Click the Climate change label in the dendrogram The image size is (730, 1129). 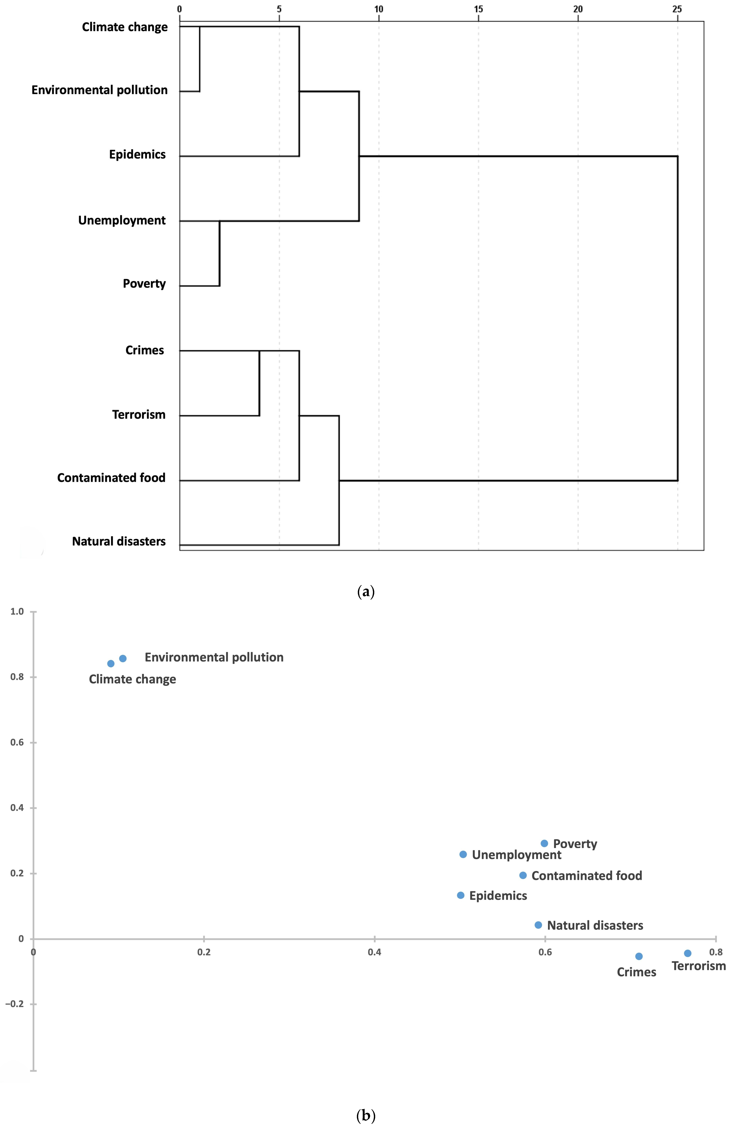(x=125, y=27)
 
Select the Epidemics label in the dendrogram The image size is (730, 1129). (x=137, y=154)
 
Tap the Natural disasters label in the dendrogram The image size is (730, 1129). (x=119, y=541)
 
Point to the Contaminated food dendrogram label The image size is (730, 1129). (x=111, y=478)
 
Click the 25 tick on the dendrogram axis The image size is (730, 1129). (x=677, y=9)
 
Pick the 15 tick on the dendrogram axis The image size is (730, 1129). (x=478, y=9)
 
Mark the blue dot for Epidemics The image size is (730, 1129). (x=460, y=895)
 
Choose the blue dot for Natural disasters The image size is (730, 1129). (x=538, y=925)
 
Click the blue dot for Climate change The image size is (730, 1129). (x=111, y=664)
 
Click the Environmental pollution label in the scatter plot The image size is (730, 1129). (x=214, y=657)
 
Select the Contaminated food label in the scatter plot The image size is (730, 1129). (x=587, y=875)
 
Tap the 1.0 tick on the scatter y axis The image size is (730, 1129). (x=17, y=612)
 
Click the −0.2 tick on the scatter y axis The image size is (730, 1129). (x=14, y=1004)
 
